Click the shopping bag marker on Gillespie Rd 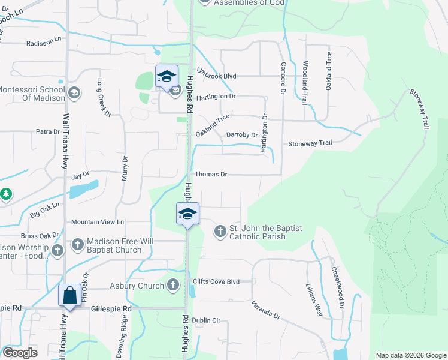tap(70, 296)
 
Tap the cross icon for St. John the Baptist tap(220, 230)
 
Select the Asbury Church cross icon tap(173, 285)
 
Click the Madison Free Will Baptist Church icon tap(78, 244)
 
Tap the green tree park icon tap(5, 194)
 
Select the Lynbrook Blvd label tap(217, 76)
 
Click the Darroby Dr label tap(241, 135)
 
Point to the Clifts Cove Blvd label tap(216, 281)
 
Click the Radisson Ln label tap(44, 43)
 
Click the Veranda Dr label tap(265, 310)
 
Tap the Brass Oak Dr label tap(40, 236)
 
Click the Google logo tap(20, 353)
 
